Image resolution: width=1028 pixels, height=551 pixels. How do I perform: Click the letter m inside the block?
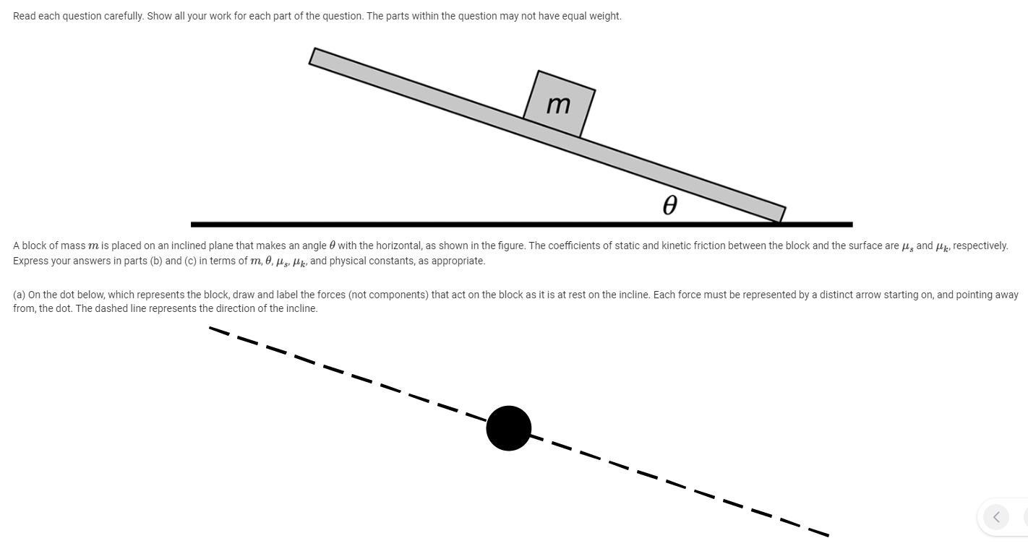point(558,105)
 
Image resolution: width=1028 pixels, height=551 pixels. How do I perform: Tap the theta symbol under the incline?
point(669,207)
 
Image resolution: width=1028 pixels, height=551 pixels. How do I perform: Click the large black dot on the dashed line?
point(509,428)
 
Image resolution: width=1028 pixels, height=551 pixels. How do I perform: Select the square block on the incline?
point(559,104)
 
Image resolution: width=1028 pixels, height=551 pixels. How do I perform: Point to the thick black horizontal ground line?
point(521,225)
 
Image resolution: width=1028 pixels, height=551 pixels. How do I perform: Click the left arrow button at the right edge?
point(996,516)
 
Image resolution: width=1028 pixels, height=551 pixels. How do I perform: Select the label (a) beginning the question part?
point(20,295)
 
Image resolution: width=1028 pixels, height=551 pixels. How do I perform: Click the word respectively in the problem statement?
point(980,246)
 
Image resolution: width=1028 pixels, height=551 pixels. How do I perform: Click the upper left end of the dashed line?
point(211,329)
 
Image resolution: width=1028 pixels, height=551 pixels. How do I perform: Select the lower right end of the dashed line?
point(826,535)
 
